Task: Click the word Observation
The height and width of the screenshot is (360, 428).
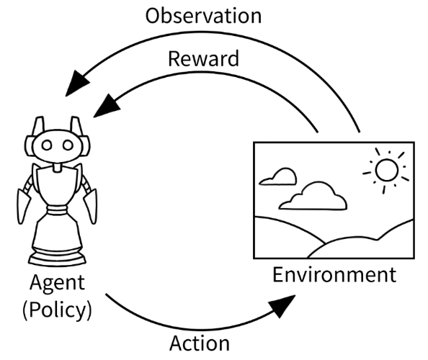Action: click(x=203, y=16)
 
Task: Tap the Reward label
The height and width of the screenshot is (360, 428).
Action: click(x=203, y=58)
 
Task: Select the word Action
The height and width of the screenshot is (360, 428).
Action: click(x=200, y=343)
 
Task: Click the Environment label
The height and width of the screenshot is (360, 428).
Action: click(x=334, y=274)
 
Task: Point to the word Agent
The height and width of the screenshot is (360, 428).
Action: click(x=57, y=284)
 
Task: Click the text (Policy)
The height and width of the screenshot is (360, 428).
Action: click(x=57, y=310)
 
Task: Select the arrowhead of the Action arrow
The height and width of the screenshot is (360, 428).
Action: click(x=283, y=305)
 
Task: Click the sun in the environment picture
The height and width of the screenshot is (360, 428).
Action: click(x=386, y=170)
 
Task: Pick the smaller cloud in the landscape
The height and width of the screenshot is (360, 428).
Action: click(x=278, y=176)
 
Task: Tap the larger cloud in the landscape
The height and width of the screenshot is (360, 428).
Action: click(x=313, y=196)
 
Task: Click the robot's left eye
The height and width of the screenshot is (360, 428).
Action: click(x=46, y=145)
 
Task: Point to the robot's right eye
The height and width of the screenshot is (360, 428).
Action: click(x=68, y=145)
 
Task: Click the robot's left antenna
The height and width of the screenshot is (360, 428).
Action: click(x=38, y=126)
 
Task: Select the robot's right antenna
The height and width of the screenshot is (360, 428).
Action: click(x=76, y=126)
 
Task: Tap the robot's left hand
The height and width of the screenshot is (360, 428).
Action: click(x=24, y=207)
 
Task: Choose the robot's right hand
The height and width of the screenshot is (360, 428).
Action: click(x=90, y=207)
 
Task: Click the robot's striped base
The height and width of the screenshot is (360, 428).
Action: click(x=58, y=256)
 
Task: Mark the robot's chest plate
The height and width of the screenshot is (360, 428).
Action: click(x=57, y=186)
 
